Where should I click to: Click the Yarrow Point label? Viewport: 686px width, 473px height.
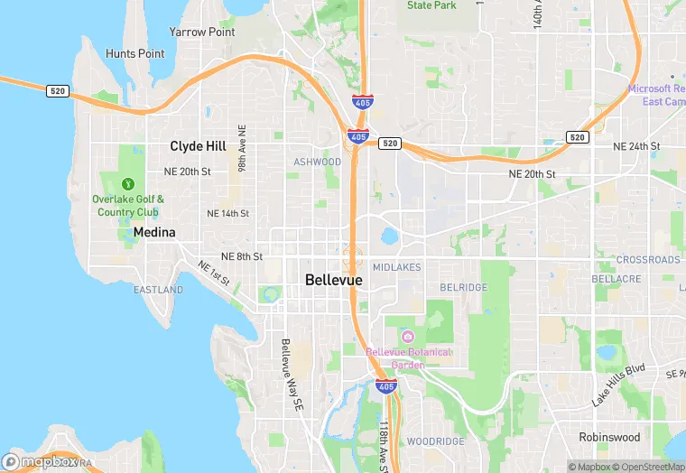click(x=201, y=32)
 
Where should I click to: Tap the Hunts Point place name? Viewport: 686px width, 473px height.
click(x=135, y=53)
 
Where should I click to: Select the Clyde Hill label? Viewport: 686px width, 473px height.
click(x=199, y=145)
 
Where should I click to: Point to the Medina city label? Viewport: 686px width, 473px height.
click(x=154, y=232)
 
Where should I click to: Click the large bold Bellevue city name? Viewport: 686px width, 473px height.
click(x=334, y=280)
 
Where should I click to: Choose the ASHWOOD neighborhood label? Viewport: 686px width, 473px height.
click(x=318, y=162)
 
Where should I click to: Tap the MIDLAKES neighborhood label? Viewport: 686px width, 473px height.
click(x=396, y=268)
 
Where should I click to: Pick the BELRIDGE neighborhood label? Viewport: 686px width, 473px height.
click(x=463, y=288)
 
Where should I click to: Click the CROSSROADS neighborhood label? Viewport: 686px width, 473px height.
click(x=648, y=260)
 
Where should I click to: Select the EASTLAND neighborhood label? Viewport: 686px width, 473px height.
click(x=158, y=290)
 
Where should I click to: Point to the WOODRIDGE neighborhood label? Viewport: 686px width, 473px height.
click(x=435, y=441)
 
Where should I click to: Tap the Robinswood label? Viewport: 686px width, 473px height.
click(x=609, y=437)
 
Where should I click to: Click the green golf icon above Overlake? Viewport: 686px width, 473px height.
click(x=127, y=183)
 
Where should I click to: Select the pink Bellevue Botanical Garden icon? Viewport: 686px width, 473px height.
click(x=407, y=337)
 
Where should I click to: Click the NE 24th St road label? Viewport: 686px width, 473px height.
click(x=636, y=146)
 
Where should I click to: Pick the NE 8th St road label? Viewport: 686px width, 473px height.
click(x=242, y=256)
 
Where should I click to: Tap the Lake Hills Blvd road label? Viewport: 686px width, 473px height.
click(x=619, y=385)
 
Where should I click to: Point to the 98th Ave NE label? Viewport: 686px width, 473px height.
click(x=242, y=149)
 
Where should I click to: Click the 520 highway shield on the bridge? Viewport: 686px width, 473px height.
click(x=56, y=90)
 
